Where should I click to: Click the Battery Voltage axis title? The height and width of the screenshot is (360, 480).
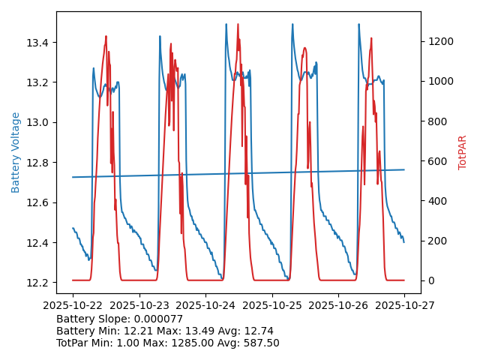pyautogui.click(x=16, y=152)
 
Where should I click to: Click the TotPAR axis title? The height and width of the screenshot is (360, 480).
pyautogui.click(x=463, y=152)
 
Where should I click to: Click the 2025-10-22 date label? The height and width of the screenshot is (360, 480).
pyautogui.click(x=73, y=305)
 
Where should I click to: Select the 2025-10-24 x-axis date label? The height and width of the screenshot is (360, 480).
pyautogui.click(x=205, y=305)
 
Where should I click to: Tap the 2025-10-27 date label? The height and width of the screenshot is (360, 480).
pyautogui.click(x=404, y=305)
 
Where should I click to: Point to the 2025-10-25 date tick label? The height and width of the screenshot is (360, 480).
pyautogui.click(x=271, y=305)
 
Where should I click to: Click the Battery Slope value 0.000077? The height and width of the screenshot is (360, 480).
pyautogui.click(x=157, y=319)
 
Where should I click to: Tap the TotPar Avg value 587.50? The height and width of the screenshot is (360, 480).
pyautogui.click(x=259, y=343)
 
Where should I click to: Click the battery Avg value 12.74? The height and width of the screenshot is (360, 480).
pyautogui.click(x=258, y=331)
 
